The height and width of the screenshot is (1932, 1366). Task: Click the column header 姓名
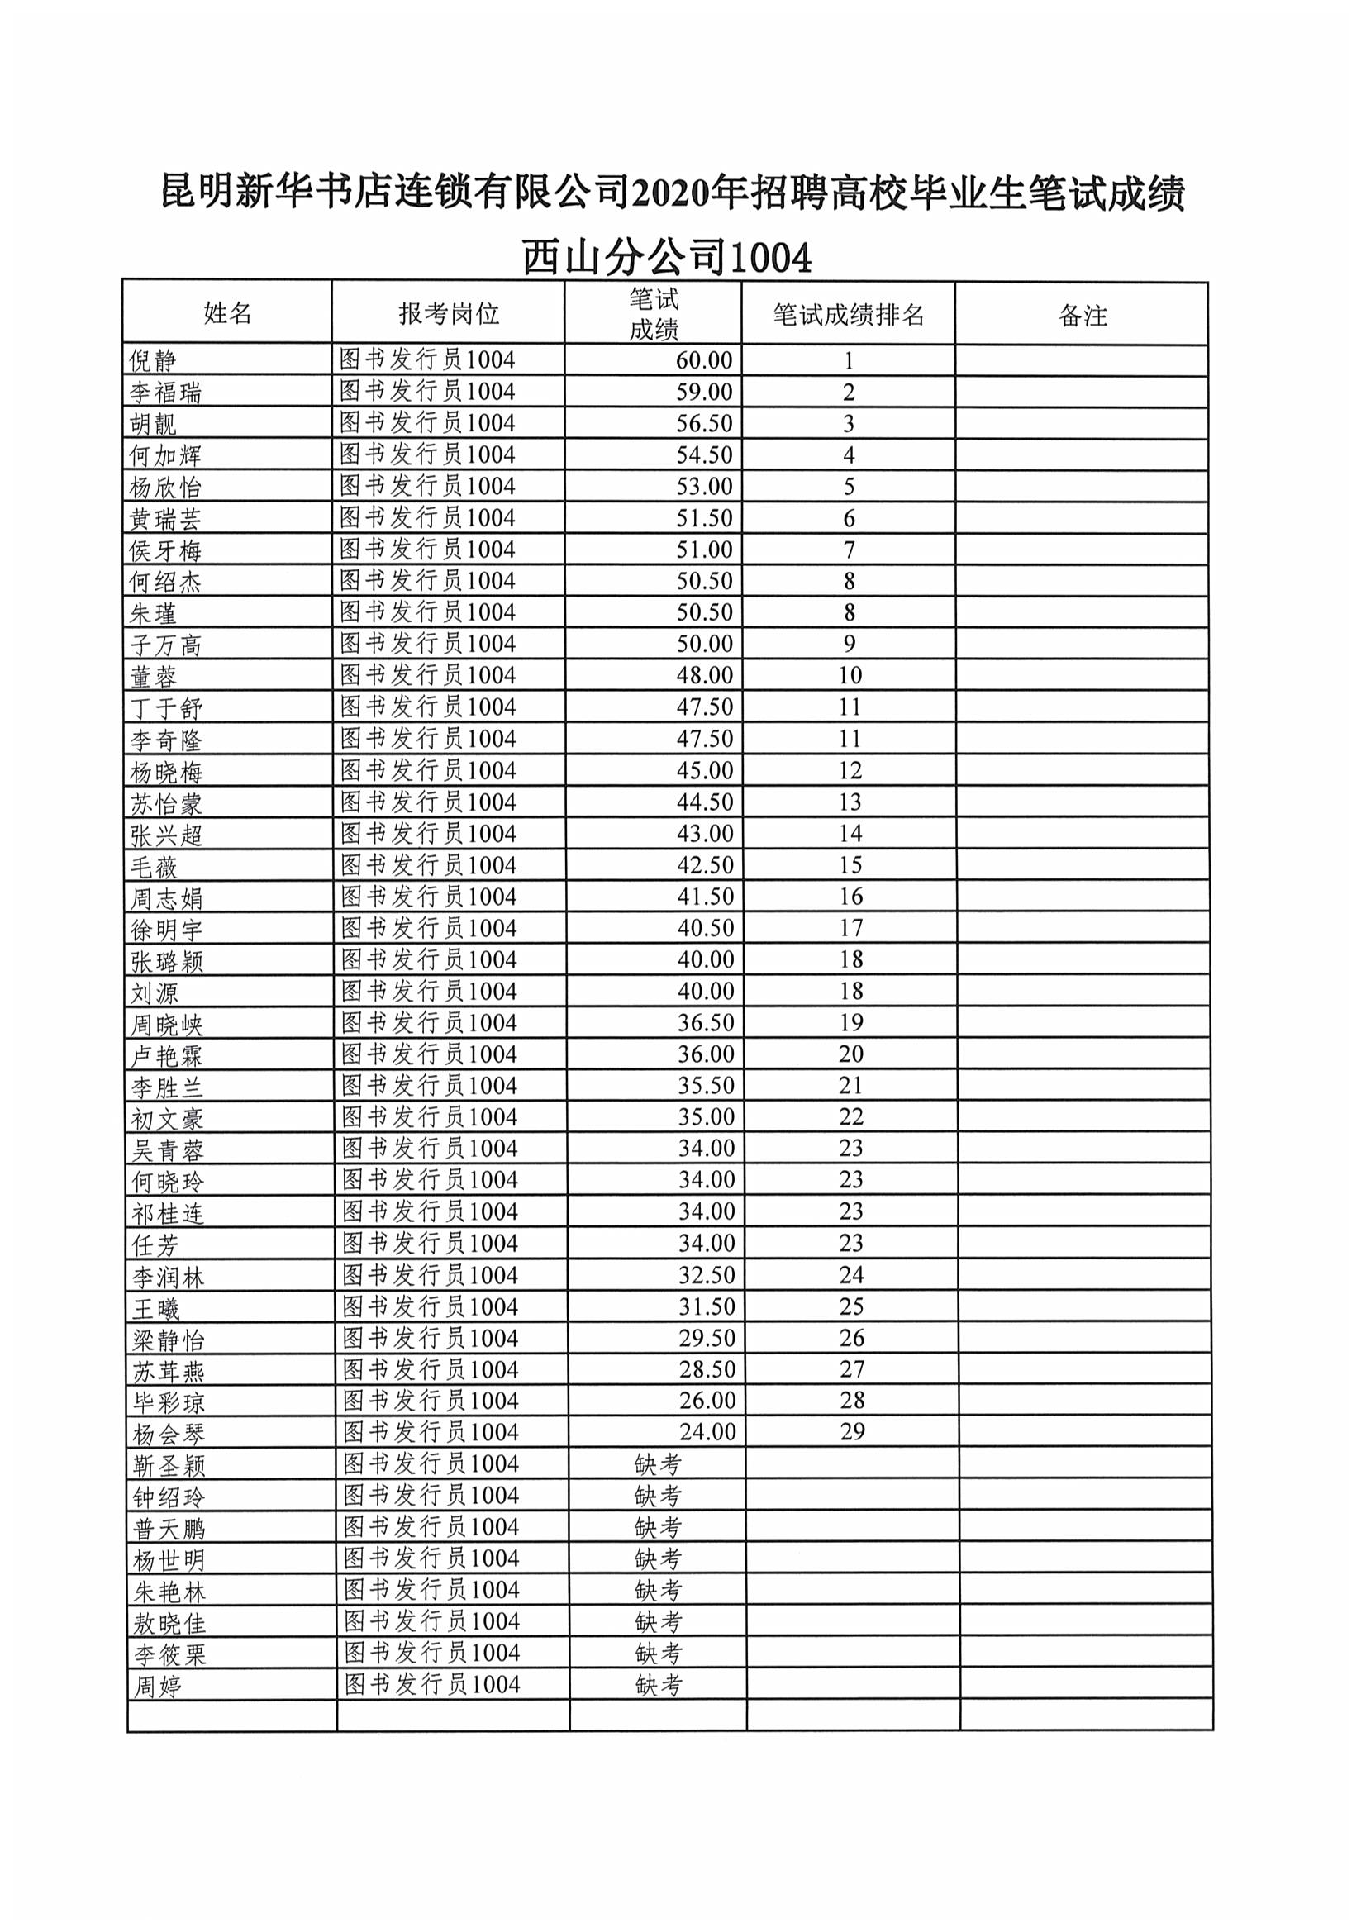pos(227,313)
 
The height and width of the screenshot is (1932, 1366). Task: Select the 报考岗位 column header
pos(449,313)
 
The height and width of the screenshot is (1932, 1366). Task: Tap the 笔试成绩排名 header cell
pos(849,315)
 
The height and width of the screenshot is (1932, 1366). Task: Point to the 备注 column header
pos(1083,316)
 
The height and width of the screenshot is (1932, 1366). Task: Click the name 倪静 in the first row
pos(152,361)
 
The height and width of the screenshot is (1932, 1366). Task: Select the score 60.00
pos(703,360)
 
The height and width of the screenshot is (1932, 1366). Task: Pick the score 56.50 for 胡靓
pos(703,423)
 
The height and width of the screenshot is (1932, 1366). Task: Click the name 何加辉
pos(165,455)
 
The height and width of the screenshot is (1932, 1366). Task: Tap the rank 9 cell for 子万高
pos(850,644)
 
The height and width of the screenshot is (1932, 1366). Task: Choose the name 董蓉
pos(153,677)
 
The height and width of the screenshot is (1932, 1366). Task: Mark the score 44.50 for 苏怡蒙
pos(704,802)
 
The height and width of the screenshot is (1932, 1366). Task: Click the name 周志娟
pos(166,899)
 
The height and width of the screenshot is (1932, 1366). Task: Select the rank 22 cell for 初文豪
pos(851,1116)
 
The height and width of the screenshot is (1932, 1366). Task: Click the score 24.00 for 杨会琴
pos(707,1432)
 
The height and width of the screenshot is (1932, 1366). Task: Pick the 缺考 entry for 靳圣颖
pos(657,1464)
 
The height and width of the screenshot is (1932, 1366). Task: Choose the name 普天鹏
pos(169,1528)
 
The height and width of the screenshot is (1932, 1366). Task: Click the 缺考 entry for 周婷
pos(658,1685)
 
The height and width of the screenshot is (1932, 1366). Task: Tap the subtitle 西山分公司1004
pos(667,257)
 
